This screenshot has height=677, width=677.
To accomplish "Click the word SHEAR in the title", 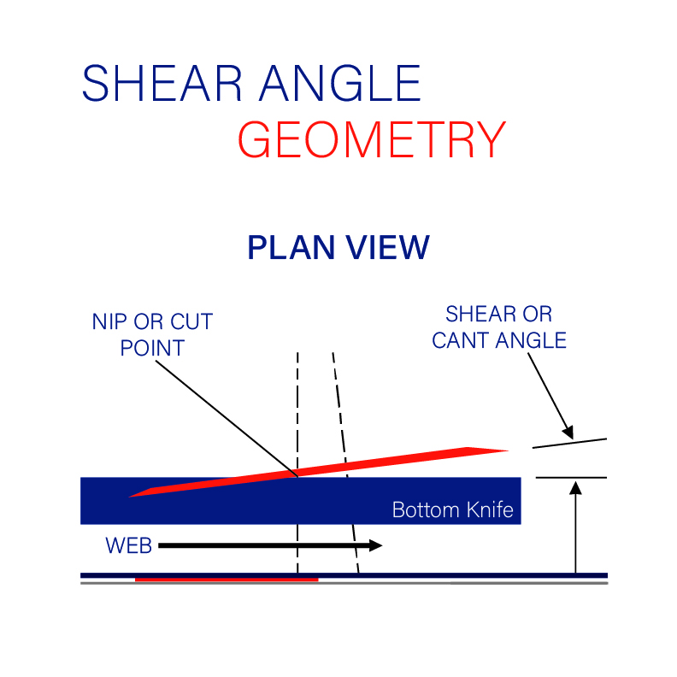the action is [x=162, y=83].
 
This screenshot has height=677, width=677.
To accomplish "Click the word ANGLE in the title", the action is [x=340, y=83].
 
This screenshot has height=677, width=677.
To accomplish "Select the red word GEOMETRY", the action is [x=372, y=139].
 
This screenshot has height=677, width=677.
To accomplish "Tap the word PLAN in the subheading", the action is [x=291, y=247].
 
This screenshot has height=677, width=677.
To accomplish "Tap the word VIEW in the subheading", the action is [x=388, y=247].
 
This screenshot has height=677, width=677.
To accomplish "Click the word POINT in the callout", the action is [x=152, y=348].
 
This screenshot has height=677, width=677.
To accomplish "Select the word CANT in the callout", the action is [x=460, y=341].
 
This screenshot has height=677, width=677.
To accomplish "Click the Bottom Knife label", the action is [x=452, y=510].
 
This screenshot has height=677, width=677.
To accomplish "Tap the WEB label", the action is [x=129, y=545].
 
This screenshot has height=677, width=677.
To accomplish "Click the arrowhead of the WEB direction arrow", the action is [x=375, y=545].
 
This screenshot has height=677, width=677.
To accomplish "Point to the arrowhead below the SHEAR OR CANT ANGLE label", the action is [x=568, y=433].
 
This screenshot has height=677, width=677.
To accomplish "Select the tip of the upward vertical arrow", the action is [x=575, y=483].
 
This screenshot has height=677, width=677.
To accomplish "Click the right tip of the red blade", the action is [x=509, y=450].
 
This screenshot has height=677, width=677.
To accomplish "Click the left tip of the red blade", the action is [x=129, y=497].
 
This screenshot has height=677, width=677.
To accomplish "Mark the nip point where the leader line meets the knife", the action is [x=297, y=477].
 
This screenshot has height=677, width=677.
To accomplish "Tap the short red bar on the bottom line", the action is [x=227, y=580].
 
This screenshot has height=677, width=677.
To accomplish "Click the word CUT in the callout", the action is [x=191, y=321].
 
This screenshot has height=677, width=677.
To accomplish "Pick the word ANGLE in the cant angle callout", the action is [x=531, y=341].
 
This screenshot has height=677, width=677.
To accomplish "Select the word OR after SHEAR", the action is [x=538, y=314].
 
